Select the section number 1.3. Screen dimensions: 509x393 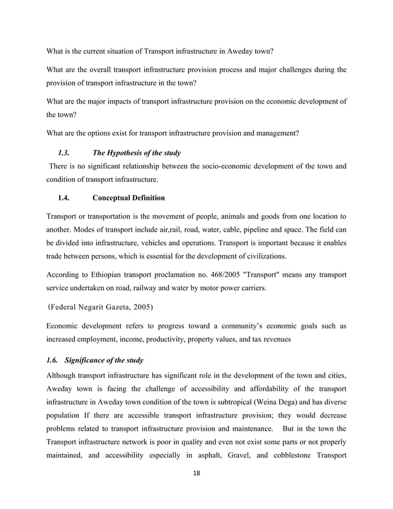[63, 151]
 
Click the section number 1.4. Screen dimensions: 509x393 [63, 198]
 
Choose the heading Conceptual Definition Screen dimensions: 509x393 [128, 198]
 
